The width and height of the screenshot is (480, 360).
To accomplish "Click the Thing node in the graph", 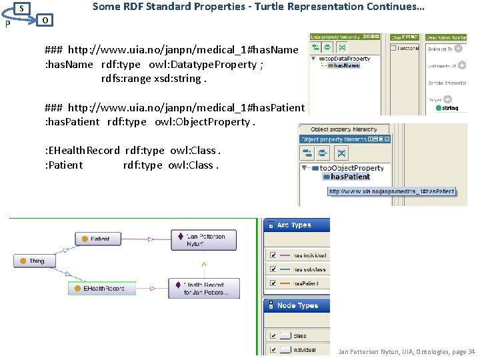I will tap(33, 261).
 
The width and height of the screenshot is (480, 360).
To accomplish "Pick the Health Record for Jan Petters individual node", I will tap(205, 288).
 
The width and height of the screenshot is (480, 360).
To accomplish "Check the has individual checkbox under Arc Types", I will tap(272, 255).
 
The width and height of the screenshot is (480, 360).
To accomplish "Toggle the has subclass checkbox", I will tap(272, 269).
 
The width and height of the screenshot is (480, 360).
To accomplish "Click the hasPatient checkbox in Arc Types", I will tap(272, 283).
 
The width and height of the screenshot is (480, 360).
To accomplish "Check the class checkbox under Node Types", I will tap(272, 336).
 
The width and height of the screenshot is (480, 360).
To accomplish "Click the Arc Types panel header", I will tap(297, 225).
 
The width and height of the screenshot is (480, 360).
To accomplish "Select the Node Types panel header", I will tap(297, 305).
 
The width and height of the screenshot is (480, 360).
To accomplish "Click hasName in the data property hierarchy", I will tap(346, 65).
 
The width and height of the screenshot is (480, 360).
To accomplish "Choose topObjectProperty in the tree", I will tap(351, 168).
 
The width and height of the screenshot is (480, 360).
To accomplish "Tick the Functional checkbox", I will tap(394, 48).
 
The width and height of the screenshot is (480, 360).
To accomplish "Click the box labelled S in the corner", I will tap(22, 8).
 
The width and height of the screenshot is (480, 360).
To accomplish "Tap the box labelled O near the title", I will tap(44, 20).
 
